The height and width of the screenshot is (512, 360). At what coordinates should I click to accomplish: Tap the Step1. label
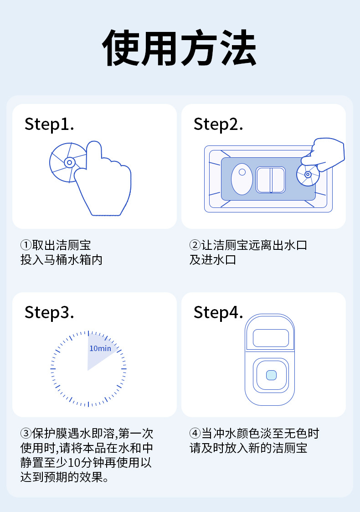click(x=49, y=124)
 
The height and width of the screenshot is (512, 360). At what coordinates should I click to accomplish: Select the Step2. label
click(x=218, y=124)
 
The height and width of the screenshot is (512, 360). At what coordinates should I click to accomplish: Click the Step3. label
click(x=49, y=312)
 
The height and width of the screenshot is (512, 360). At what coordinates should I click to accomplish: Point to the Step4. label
click(x=218, y=312)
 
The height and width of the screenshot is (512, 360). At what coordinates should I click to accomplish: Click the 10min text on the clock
click(x=100, y=348)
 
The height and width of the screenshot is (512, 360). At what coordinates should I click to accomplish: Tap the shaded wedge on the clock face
click(x=100, y=353)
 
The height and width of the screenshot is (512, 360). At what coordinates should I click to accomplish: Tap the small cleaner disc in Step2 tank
click(x=308, y=175)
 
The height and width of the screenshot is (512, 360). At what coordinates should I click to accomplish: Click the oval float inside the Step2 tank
click(x=242, y=178)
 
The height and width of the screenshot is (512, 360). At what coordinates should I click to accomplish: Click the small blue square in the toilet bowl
click(x=271, y=375)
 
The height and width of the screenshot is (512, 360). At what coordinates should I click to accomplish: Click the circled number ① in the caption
click(x=26, y=245)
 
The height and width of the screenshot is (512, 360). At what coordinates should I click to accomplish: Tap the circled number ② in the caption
click(x=195, y=245)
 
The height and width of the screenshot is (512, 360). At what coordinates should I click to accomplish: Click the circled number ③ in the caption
click(x=26, y=433)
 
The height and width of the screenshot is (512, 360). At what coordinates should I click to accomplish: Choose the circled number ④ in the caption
click(x=195, y=433)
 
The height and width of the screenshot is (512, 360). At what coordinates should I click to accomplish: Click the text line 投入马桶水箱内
click(x=62, y=260)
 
